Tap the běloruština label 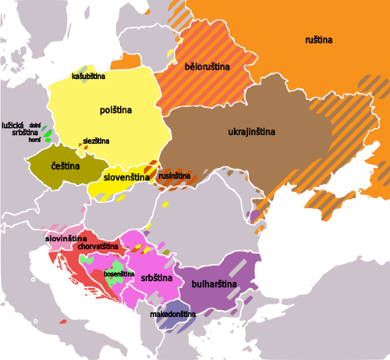207,68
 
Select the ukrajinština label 251,131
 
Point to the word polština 115,111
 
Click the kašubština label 88,76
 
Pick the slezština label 96,141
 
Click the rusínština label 174,176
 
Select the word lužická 13,125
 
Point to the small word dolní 34,125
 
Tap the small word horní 34,141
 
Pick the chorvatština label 97,247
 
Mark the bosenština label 119,274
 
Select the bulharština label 216,284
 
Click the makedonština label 172,314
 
